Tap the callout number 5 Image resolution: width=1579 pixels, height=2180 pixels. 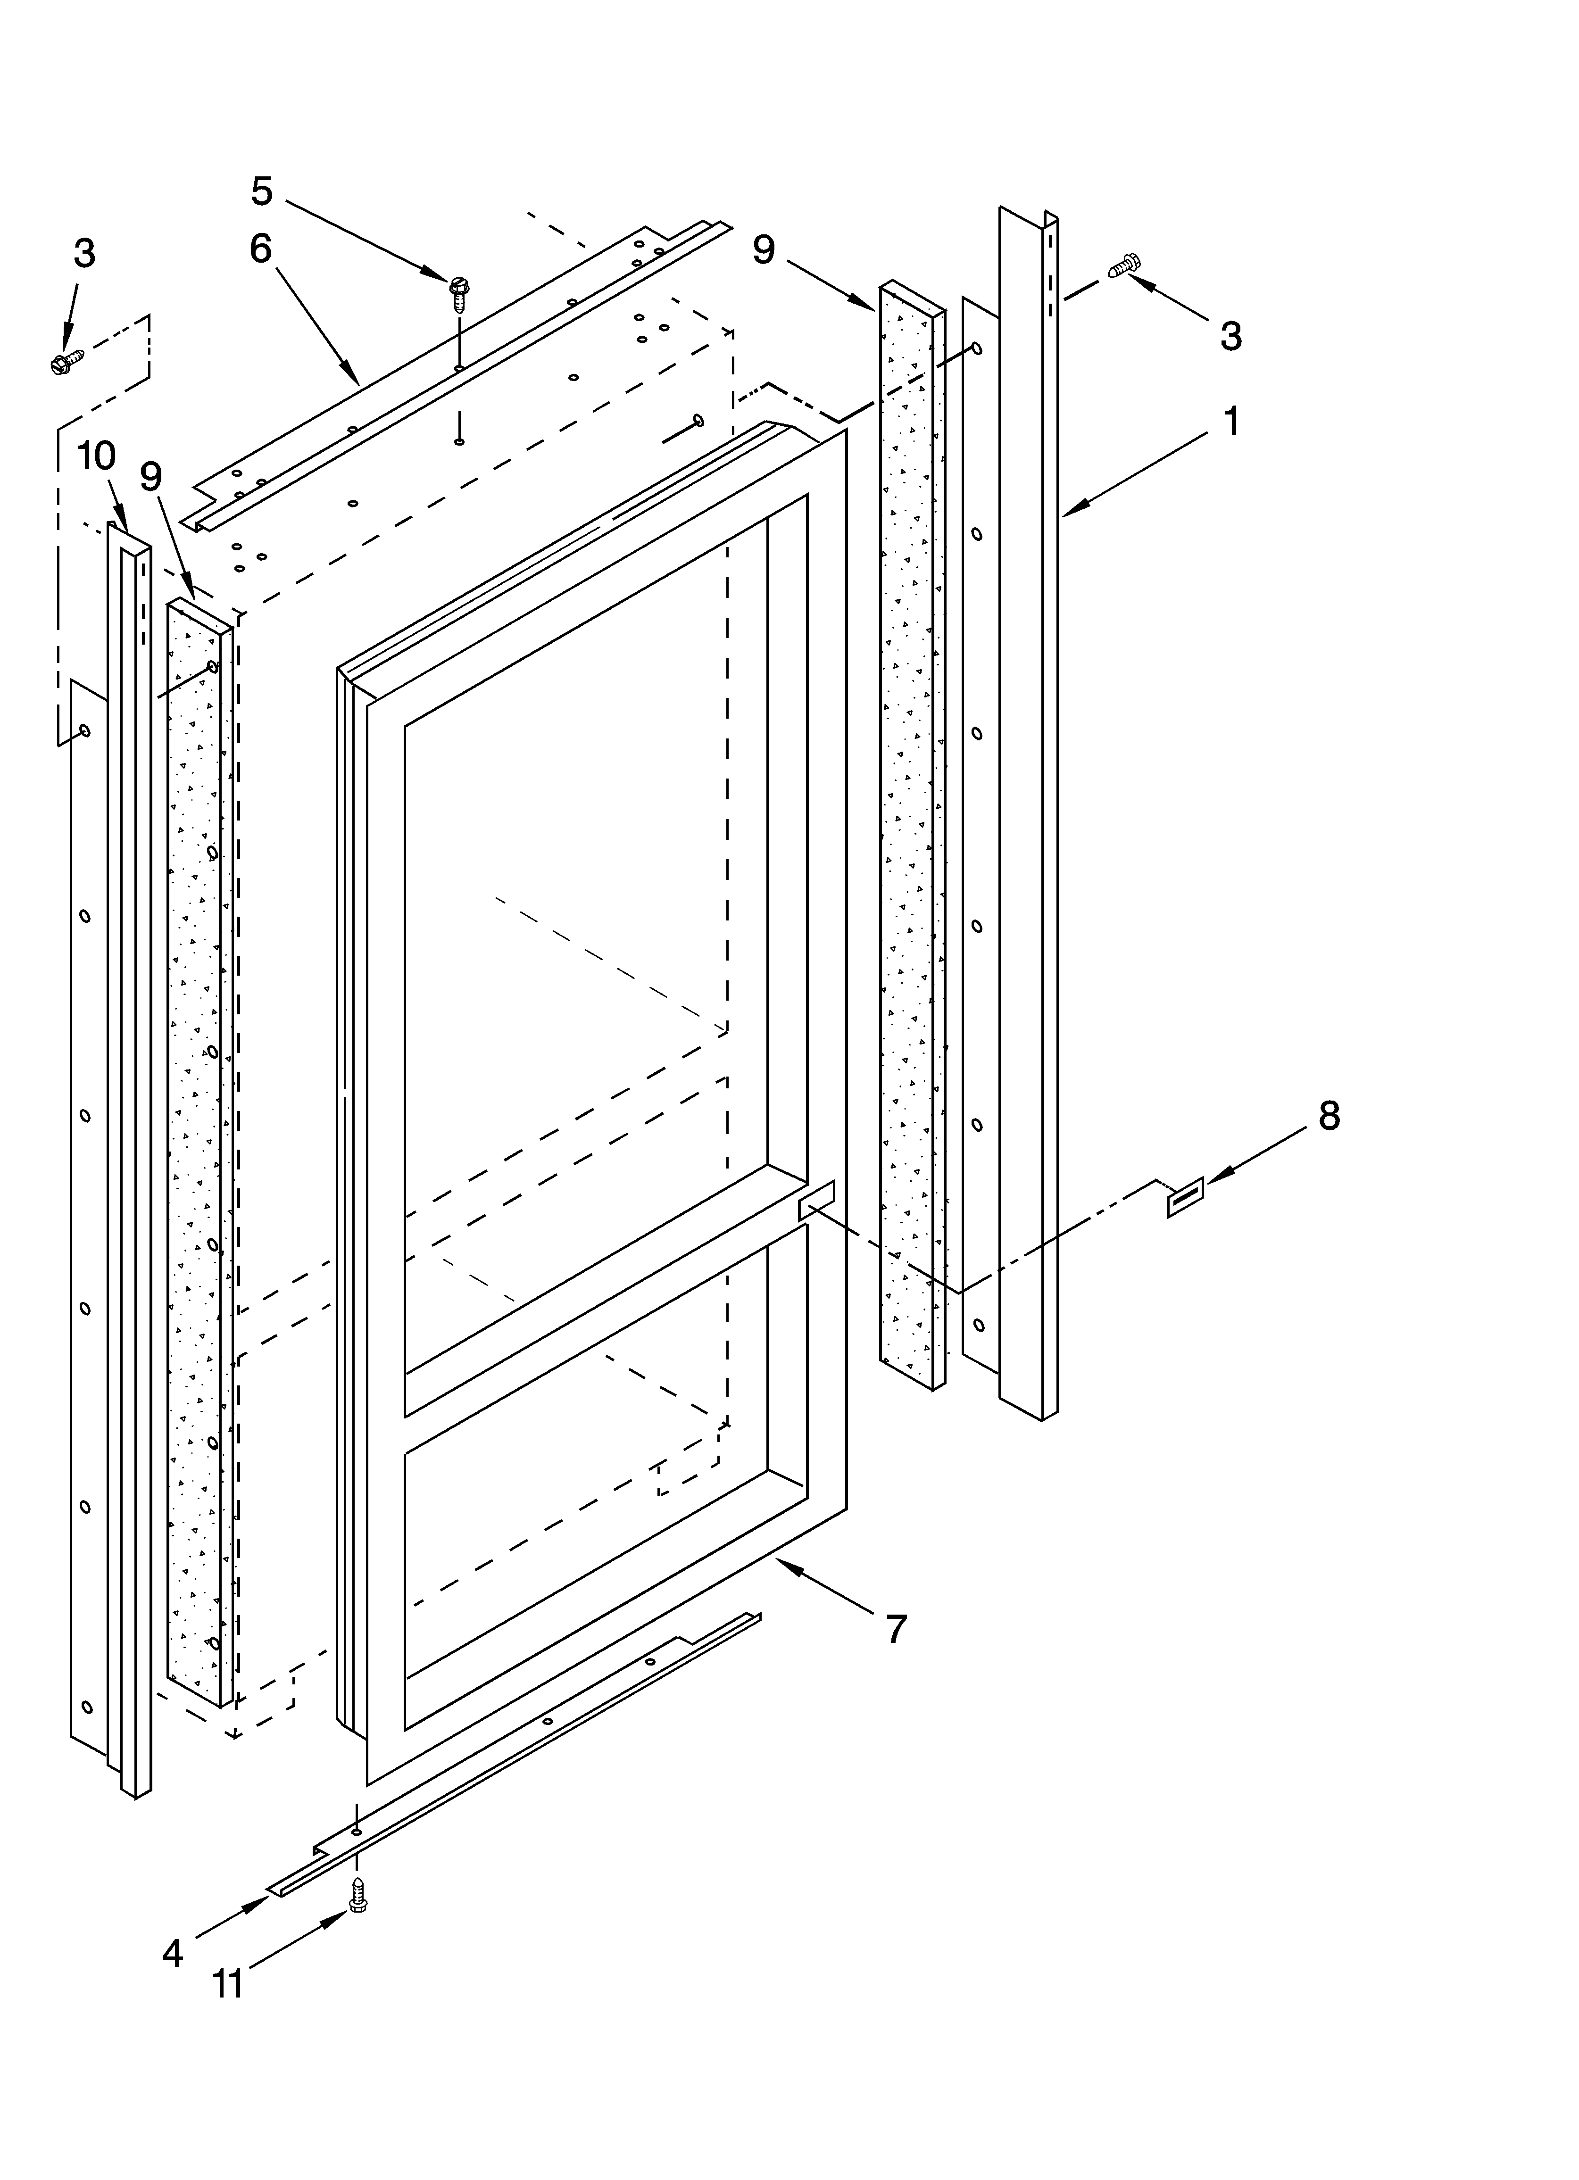click(x=262, y=191)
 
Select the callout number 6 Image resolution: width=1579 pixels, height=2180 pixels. click(x=261, y=249)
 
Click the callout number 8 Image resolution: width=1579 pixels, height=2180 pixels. click(x=1328, y=1116)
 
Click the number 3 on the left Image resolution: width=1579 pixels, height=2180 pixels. click(x=84, y=254)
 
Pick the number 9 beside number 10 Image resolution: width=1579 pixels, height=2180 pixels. click(x=151, y=477)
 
